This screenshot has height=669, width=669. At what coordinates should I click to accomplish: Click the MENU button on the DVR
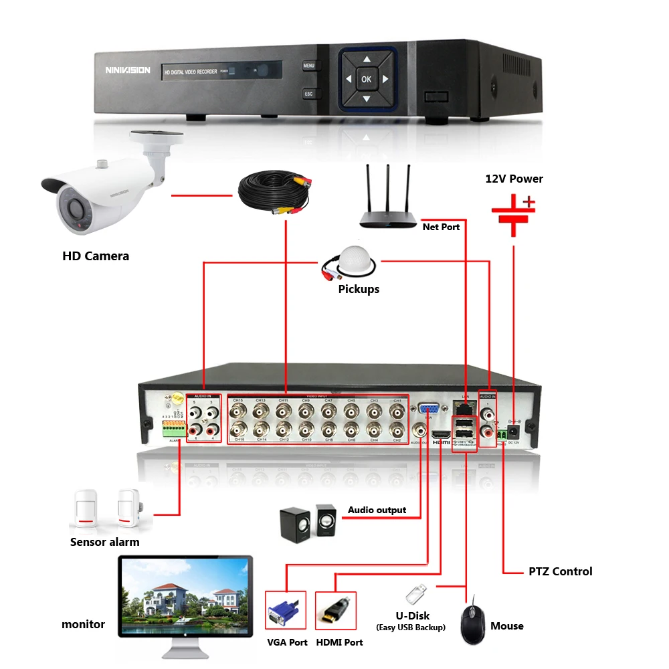[x=308, y=66]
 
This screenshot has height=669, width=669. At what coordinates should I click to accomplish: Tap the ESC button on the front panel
[x=308, y=94]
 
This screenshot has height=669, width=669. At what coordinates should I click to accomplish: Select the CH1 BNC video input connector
[x=397, y=410]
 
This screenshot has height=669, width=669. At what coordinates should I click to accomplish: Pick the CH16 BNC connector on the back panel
[x=237, y=429]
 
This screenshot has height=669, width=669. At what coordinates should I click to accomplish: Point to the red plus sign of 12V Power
[x=529, y=201]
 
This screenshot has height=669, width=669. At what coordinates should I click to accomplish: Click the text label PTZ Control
[x=560, y=571]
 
